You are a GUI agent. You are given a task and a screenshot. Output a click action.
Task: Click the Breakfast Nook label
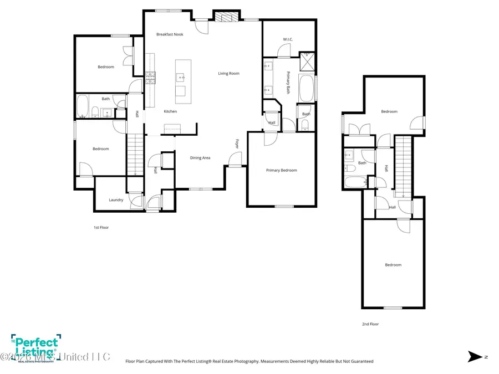tap(170, 34)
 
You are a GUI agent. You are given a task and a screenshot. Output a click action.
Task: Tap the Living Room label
tap(228, 73)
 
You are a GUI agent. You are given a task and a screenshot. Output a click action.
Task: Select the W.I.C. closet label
tap(287, 39)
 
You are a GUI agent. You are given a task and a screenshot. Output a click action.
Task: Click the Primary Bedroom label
tap(281, 170)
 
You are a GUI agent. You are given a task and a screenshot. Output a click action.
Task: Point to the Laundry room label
tap(116, 200)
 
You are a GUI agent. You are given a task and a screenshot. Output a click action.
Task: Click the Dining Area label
tap(200, 158)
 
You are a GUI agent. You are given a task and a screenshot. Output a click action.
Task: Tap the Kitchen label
tap(170, 111)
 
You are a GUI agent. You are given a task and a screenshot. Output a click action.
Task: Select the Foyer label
tap(237, 144)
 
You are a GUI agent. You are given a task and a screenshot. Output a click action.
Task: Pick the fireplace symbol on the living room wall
tap(226, 17)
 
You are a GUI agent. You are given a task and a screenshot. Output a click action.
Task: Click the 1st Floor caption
tap(101, 227)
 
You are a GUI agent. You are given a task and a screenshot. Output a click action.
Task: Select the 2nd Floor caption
tap(370, 324)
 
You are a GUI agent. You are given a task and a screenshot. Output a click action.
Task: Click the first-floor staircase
tap(135, 155)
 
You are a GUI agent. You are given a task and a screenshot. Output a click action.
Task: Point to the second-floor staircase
tap(404, 166)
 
